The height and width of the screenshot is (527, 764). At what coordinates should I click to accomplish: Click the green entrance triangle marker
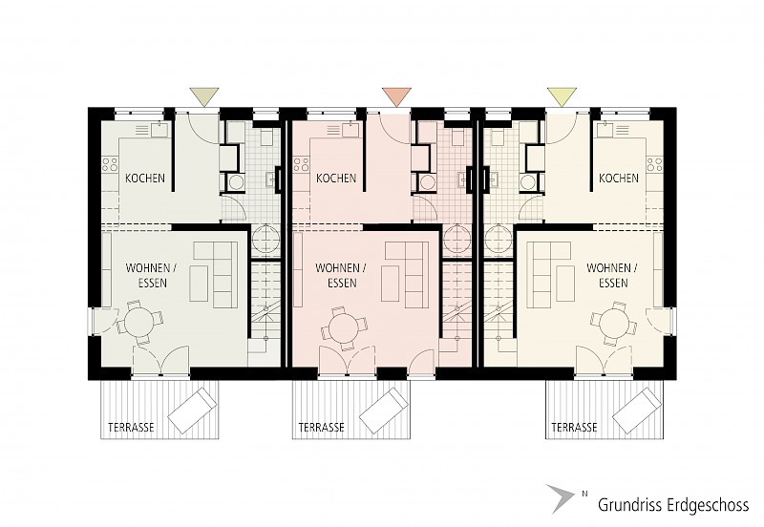coord(204,95)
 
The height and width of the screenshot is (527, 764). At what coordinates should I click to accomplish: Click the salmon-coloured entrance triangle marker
coord(396,95)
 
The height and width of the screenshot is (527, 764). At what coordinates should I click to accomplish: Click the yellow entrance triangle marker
coord(562,95)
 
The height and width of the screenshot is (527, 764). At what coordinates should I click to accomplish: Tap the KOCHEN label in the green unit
coord(145,179)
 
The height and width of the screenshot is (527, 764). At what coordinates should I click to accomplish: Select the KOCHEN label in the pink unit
coord(336,179)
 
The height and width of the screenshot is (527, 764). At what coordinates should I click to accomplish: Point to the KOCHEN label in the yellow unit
coord(619,179)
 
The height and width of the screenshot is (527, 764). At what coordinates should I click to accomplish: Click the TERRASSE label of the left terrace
coord(131,428)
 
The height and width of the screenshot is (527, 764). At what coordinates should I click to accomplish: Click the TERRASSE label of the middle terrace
coord(322,428)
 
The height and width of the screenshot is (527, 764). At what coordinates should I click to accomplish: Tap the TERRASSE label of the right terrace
coord(575,428)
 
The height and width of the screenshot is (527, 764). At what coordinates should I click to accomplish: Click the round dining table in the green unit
coord(138,323)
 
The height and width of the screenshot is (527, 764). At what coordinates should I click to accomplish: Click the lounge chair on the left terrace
coord(192,410)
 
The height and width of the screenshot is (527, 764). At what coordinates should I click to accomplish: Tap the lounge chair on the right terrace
coord(637,410)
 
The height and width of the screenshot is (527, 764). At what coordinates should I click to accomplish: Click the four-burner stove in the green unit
coord(110,163)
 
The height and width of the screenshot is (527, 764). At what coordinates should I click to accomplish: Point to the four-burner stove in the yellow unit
coord(655,163)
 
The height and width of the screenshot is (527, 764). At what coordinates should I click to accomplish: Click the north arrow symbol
coord(561,498)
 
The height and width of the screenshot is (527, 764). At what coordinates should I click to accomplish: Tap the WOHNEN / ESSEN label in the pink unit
coord(341,275)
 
